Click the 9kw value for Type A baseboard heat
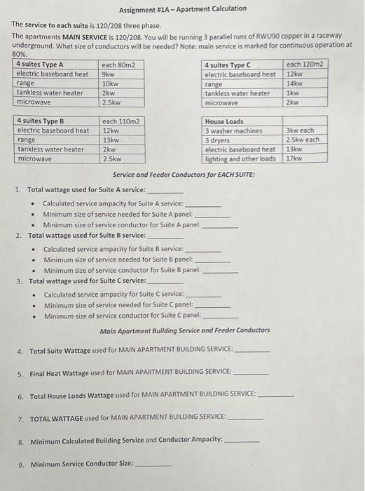109,74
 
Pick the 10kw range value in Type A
111,83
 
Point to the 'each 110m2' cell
120,121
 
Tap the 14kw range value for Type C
294,83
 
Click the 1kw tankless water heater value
292,93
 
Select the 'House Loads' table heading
224,121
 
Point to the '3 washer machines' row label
233,130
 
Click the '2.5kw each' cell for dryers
303,140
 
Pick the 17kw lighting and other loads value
294,159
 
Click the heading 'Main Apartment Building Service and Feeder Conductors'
184,330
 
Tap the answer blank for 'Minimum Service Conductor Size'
153,465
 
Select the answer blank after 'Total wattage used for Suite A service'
165,191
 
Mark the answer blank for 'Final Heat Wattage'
250,372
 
